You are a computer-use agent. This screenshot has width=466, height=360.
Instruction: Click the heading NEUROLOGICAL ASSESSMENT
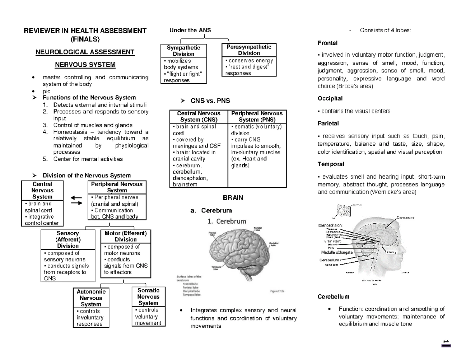click(85, 52)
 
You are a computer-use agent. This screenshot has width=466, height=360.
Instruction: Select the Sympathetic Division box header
click(183, 50)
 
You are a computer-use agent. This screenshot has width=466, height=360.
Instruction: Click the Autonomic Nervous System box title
click(90, 298)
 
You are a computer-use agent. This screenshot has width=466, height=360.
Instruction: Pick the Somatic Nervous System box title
click(148, 297)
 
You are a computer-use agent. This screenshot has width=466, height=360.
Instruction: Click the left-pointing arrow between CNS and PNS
click(76, 197)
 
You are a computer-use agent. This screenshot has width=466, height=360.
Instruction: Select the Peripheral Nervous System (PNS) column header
click(257, 116)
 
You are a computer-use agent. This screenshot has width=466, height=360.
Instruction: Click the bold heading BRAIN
click(233, 198)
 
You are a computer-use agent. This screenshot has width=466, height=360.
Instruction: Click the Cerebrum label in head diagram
click(405, 217)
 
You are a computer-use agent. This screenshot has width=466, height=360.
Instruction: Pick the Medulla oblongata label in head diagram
click(335, 252)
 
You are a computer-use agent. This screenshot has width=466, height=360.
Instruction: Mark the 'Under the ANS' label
click(190, 30)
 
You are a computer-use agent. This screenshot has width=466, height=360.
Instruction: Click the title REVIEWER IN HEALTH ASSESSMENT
click(85, 31)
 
